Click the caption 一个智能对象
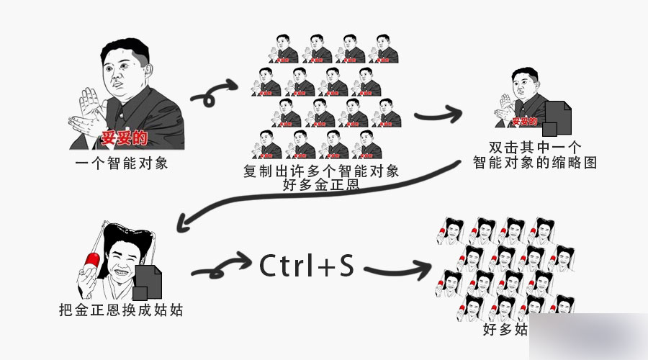point(122,163)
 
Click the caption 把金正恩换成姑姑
point(120,311)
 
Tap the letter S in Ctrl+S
point(346,266)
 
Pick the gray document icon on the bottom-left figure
point(147,282)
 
